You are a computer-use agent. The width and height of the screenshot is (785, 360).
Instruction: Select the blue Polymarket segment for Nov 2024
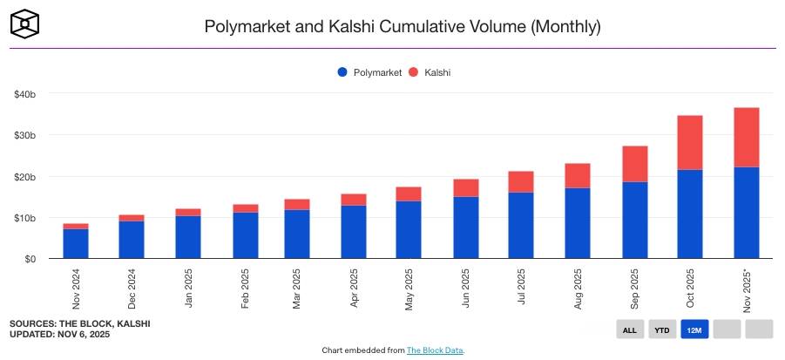point(76,244)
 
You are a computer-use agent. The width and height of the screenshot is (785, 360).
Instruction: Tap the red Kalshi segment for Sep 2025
point(633,164)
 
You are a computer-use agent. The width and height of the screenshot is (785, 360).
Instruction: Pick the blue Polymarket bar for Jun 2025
point(466,228)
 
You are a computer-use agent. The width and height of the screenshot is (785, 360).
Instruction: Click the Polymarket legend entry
point(369,72)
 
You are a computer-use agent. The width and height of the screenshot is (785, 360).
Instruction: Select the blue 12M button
point(695,329)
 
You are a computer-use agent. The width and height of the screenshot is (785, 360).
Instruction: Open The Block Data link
point(435,350)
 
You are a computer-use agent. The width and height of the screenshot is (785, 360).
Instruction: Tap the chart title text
point(402,26)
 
